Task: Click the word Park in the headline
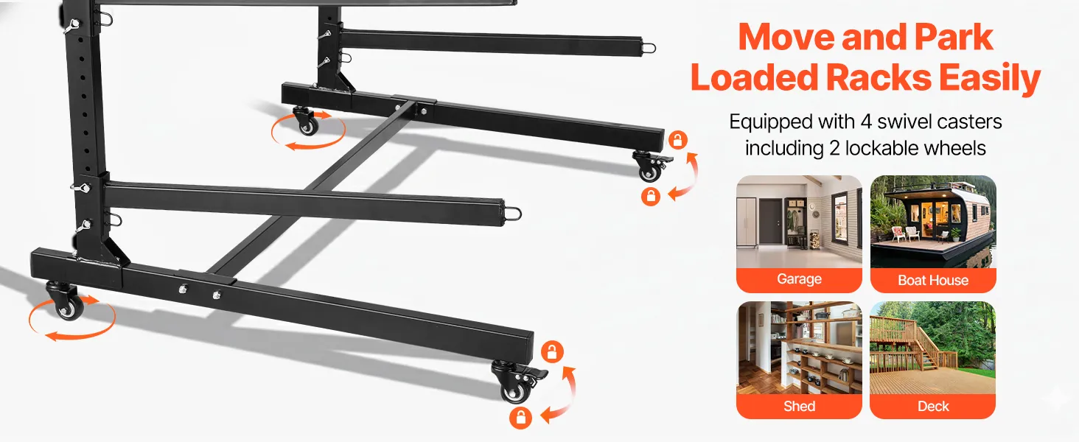[953, 37]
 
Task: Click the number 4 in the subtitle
[866, 122]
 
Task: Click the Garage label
[799, 278]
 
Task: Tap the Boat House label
[933, 280]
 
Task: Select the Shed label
[799, 407]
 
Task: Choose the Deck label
[933, 407]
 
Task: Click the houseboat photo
[933, 222]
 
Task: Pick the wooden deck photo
[932, 348]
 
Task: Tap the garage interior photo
[799, 222]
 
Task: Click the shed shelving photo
[799, 348]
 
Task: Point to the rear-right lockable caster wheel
[650, 166]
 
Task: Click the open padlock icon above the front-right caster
[552, 351]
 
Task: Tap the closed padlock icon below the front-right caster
[521, 418]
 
